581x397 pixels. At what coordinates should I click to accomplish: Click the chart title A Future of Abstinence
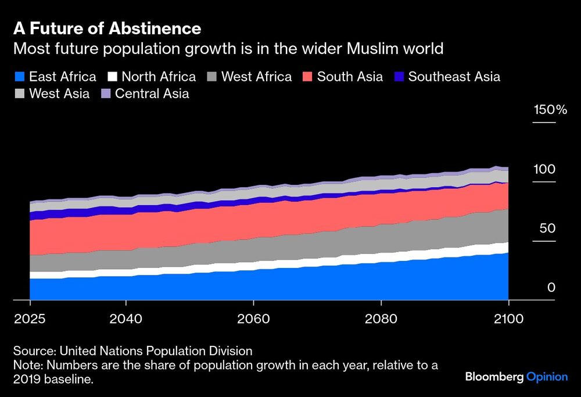[107, 28]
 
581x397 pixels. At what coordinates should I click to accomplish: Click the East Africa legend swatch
[19, 77]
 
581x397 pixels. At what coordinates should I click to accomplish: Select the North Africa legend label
[159, 77]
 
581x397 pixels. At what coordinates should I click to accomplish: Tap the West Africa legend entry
[256, 77]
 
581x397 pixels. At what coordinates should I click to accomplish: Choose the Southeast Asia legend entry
[454, 77]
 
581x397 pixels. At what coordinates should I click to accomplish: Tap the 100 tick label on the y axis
[545, 169]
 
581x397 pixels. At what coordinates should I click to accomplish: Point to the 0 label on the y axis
[551, 288]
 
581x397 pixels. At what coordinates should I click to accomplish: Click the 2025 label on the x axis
[30, 319]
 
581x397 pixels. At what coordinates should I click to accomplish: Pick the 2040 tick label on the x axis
[125, 319]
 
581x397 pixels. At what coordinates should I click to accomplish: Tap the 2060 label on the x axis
[253, 319]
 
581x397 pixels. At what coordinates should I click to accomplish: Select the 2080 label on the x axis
[381, 319]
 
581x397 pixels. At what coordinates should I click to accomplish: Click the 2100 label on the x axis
[508, 319]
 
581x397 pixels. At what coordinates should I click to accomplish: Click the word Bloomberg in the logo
[494, 377]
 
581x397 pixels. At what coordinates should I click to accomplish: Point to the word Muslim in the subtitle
[371, 48]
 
